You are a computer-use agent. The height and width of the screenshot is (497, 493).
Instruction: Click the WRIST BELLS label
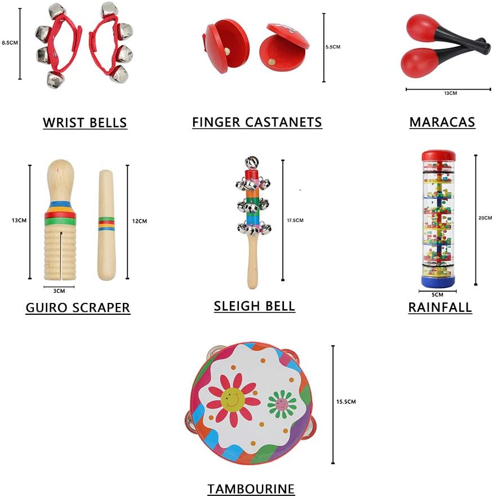[85, 122]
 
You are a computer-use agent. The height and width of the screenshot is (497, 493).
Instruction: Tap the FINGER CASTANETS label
[257, 122]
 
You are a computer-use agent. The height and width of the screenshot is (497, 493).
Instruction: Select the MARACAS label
[442, 122]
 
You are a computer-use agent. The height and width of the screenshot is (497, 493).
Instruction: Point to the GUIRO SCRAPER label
[78, 307]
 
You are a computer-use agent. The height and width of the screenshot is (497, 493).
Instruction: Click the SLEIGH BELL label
[254, 306]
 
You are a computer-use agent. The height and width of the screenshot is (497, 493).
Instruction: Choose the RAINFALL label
[440, 307]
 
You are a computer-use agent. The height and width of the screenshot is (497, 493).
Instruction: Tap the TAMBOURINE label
[251, 489]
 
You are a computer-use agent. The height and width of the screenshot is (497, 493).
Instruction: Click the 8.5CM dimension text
[10, 42]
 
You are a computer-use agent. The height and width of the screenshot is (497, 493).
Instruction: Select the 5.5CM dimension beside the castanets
[333, 47]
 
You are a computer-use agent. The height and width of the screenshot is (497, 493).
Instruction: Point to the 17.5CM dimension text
[295, 220]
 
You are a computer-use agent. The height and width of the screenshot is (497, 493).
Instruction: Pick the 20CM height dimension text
[485, 218]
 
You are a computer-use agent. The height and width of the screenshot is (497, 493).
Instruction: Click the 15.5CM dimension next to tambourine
[346, 402]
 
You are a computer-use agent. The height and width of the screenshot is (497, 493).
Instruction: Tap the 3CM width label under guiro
[59, 291]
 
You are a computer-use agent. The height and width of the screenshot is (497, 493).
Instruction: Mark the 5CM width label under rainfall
[437, 294]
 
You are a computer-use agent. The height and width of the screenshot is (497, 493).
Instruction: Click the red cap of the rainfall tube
[438, 155]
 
